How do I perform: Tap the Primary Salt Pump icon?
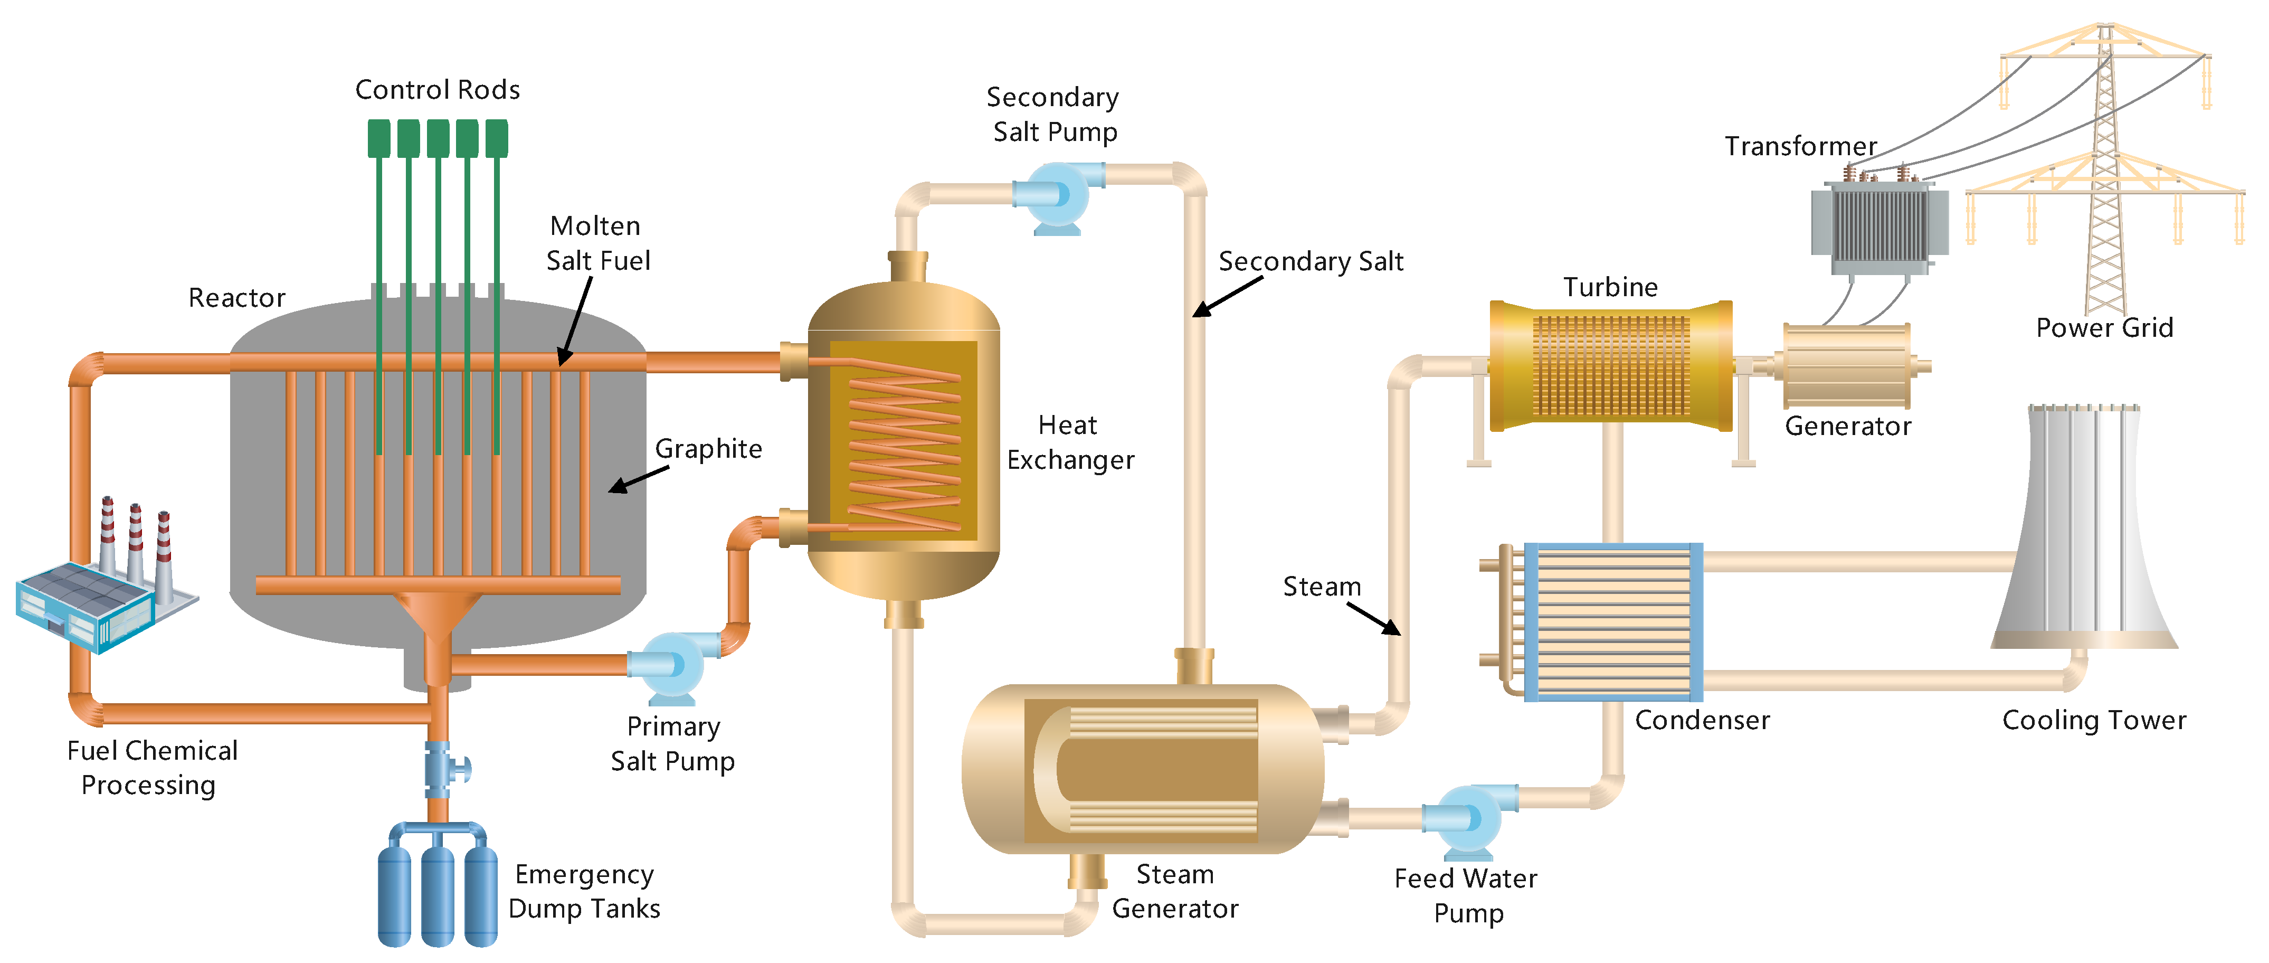(671, 665)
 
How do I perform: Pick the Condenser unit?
(1612, 622)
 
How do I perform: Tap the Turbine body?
(1610, 366)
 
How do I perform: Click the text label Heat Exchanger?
(1069, 442)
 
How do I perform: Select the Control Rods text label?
(437, 90)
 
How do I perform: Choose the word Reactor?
(237, 298)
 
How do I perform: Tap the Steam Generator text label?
(1174, 891)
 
